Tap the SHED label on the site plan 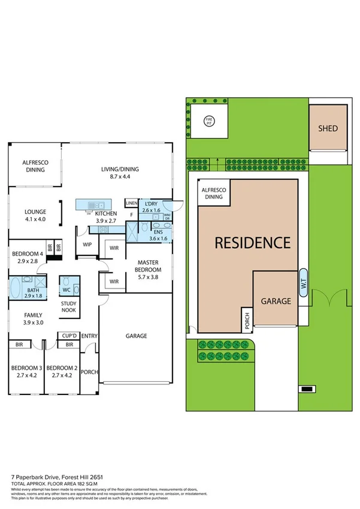coord(328,128)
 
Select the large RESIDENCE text coord(252,243)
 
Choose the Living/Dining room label coord(115,173)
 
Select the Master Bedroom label coord(147,266)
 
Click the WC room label coord(67,290)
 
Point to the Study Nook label coord(69,307)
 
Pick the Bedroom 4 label coord(25,257)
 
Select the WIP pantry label coord(87,244)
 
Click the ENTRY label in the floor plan coord(89,336)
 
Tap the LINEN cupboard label coord(131,203)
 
